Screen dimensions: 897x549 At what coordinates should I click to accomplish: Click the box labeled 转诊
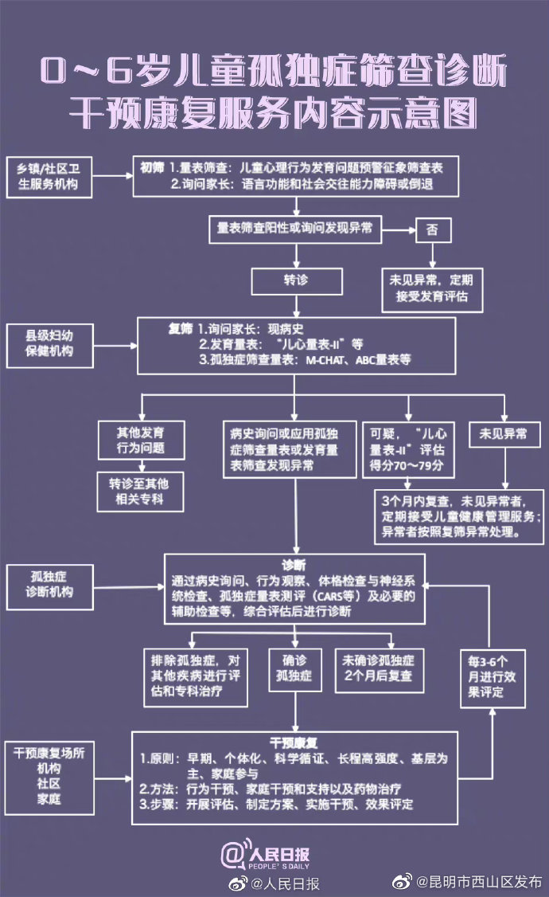click(297, 282)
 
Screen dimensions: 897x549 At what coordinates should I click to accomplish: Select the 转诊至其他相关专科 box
click(141, 492)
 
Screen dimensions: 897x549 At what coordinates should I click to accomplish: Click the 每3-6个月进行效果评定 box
click(494, 677)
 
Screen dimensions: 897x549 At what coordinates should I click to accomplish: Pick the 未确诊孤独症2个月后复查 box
click(379, 668)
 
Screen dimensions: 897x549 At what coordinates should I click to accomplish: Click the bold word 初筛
click(152, 169)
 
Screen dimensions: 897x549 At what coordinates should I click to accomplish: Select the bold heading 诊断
click(294, 564)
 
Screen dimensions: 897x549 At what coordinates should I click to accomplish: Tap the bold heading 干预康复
click(294, 742)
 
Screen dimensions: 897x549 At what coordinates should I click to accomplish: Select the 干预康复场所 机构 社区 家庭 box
click(49, 775)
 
